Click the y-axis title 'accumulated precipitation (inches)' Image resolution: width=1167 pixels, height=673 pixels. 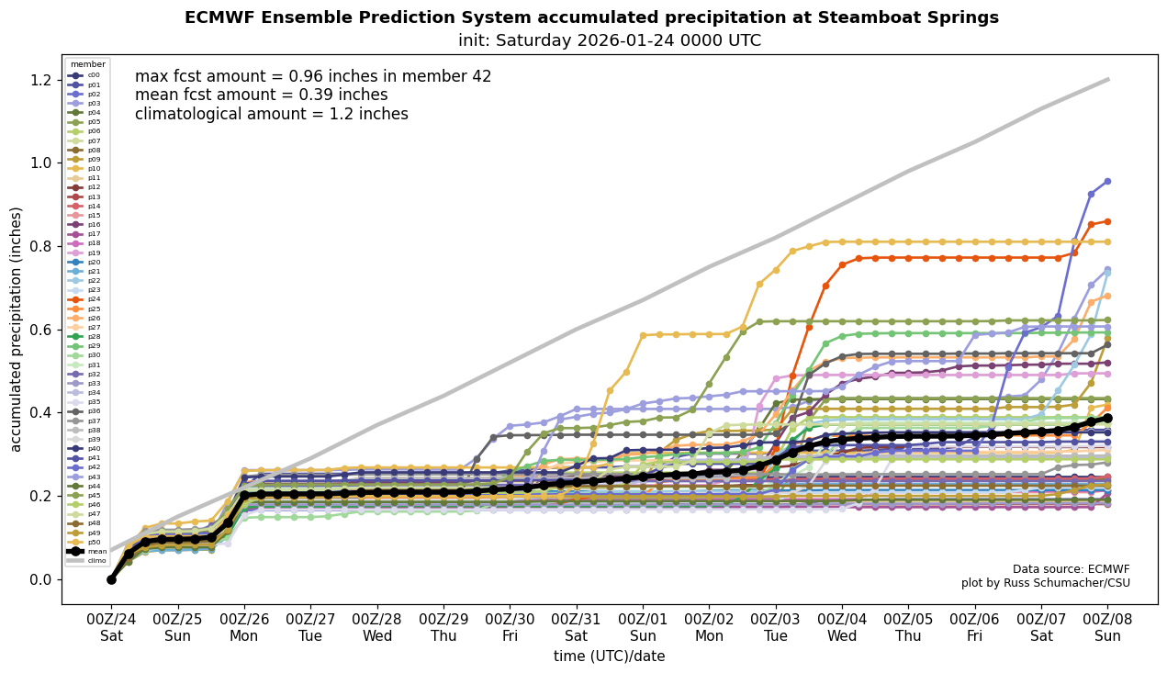pos(17,329)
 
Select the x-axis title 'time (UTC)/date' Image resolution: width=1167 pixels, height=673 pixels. pos(609,656)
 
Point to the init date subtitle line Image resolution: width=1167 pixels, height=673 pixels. pos(609,40)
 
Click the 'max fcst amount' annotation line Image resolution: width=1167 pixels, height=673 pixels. pos(313,77)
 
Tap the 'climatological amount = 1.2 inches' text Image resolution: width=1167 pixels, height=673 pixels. pos(271,115)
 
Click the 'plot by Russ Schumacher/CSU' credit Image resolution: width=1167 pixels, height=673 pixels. pos(1045,583)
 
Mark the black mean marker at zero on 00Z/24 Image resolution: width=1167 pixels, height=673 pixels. pos(111,579)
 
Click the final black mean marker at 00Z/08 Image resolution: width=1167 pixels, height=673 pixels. pos(1107,418)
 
